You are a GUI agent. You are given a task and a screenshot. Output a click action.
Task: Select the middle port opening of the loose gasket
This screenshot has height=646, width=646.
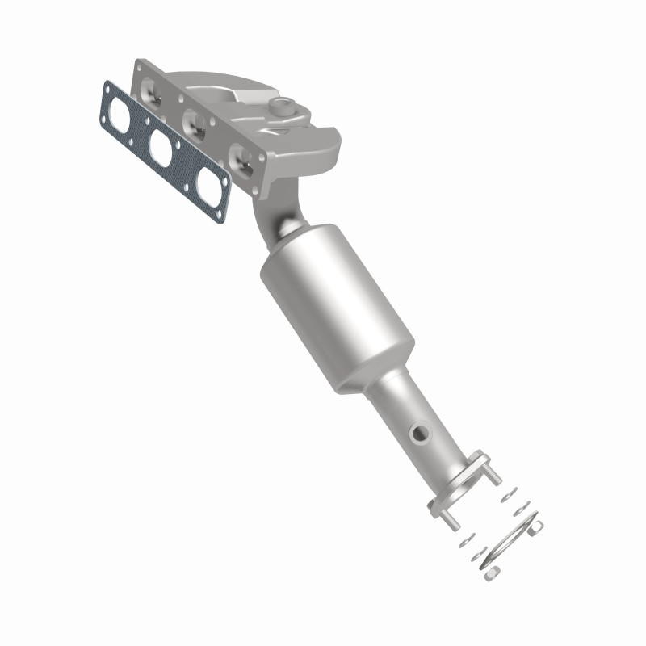pyautogui.click(x=161, y=148)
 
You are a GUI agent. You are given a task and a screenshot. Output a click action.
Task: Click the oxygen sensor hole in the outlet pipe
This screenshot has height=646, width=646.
pyautogui.click(x=420, y=434)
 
